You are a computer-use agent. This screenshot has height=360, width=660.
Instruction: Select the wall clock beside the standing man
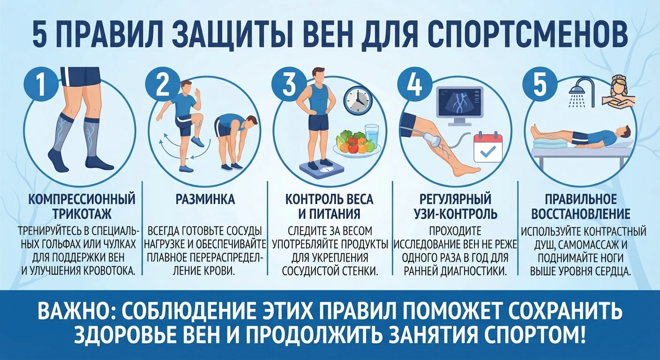(357, 100)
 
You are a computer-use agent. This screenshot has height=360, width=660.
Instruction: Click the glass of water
(372, 135)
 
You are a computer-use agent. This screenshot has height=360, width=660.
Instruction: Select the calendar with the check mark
(488, 147)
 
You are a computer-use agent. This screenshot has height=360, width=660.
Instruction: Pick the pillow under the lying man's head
(621, 142)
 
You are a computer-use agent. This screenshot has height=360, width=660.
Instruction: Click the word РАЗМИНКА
(205, 199)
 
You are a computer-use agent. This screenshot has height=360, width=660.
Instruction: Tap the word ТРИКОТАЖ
(82, 214)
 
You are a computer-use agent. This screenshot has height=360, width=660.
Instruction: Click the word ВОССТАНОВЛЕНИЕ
(581, 214)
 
